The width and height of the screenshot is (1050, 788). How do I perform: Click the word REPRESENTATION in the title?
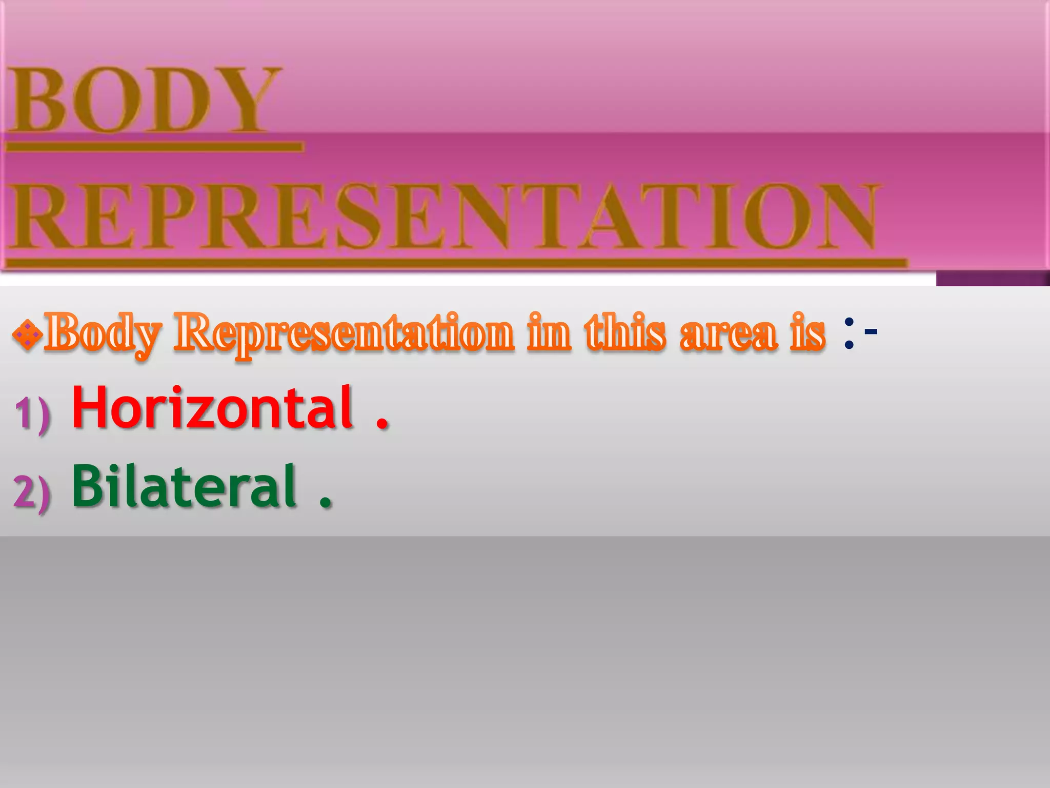point(443,216)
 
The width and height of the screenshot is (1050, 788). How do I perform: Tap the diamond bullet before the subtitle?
point(26,334)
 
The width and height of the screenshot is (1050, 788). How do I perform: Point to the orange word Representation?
point(344,334)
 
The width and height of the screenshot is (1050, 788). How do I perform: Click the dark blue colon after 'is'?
point(849,334)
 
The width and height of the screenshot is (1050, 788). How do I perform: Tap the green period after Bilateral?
point(325,501)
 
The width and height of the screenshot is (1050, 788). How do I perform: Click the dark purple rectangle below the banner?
point(992,278)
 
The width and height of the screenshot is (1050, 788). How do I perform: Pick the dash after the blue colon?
point(871,332)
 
